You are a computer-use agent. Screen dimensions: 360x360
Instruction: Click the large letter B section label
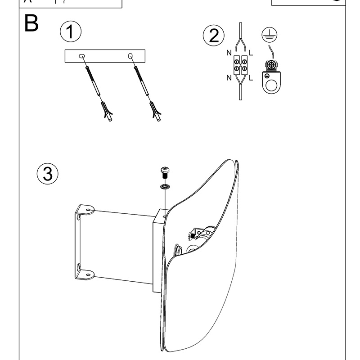pyautogui.click(x=31, y=24)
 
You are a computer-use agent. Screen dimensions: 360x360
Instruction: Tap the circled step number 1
pyautogui.click(x=71, y=32)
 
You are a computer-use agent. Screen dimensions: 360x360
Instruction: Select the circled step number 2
pyautogui.click(x=213, y=36)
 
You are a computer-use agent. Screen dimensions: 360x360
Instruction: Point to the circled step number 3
pyautogui.click(x=47, y=174)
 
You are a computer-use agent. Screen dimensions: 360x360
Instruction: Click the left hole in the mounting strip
pyautogui.click(x=82, y=56)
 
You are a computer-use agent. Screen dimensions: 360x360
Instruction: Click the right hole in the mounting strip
pyautogui.click(x=130, y=56)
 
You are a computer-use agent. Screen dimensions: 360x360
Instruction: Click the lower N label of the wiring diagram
pyautogui.click(x=229, y=78)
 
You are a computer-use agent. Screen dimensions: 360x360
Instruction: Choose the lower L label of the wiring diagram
pyautogui.click(x=251, y=78)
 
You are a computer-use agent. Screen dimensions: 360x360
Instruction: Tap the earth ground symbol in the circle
pyautogui.click(x=269, y=35)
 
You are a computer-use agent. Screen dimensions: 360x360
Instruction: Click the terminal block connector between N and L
pyautogui.click(x=240, y=65)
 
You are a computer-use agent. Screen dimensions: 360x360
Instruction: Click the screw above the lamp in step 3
pyautogui.click(x=165, y=172)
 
